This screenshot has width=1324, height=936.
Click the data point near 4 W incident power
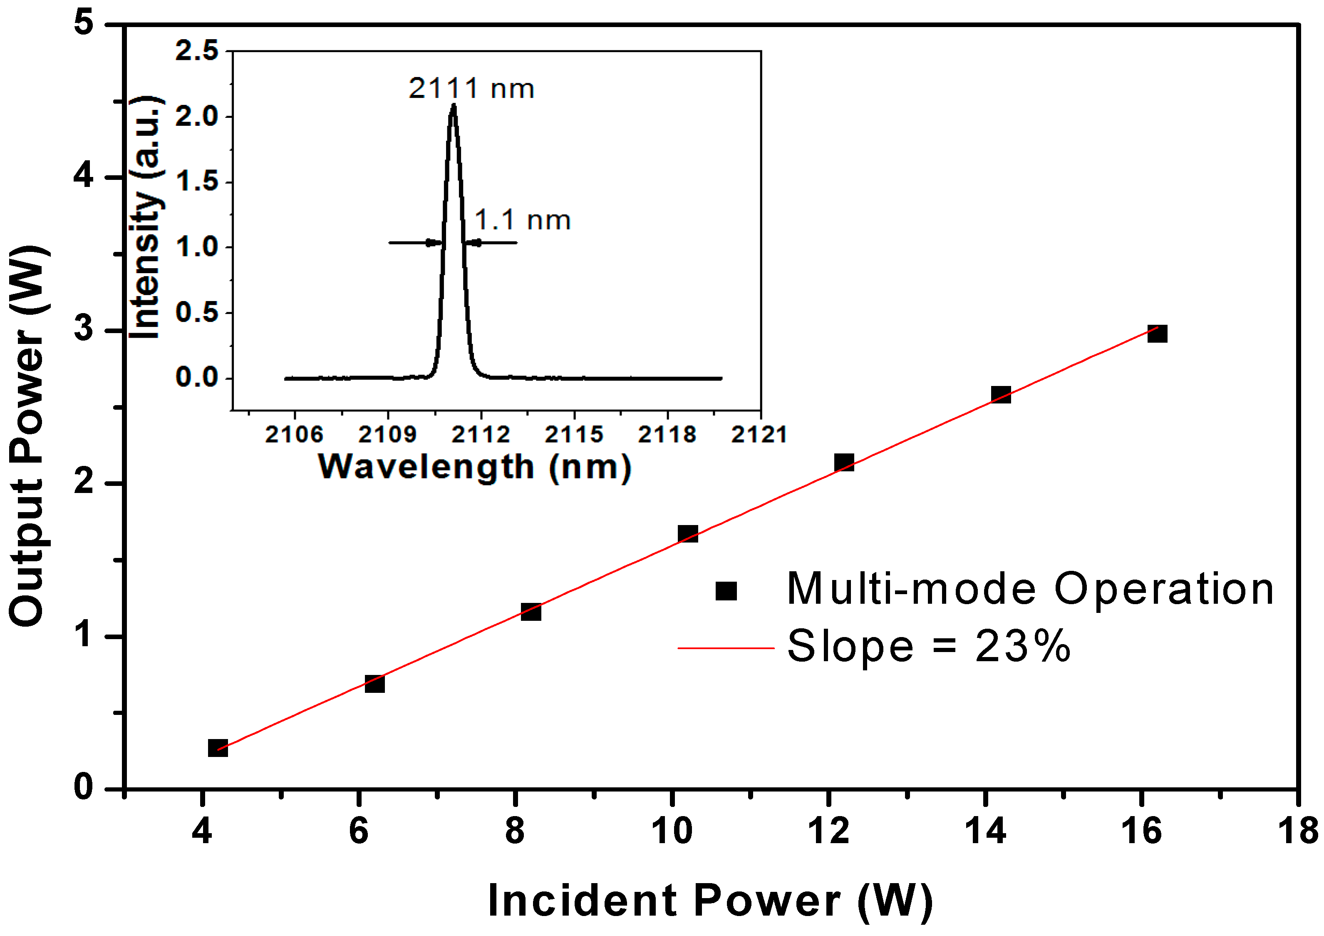point(217,748)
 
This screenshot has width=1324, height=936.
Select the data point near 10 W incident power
point(687,534)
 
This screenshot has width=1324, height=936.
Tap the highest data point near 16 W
point(1157,334)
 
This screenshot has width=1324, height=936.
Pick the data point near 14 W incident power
point(1001,395)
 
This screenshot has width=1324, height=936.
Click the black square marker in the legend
point(726,591)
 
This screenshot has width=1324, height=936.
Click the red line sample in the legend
point(725,648)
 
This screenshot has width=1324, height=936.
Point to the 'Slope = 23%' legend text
point(928,647)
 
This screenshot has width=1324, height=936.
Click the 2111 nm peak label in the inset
point(471,89)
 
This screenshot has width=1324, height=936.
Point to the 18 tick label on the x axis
point(1297,831)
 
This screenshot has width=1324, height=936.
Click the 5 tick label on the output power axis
point(84,24)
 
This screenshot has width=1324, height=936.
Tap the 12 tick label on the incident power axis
point(828,831)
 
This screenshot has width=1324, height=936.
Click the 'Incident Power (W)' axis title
point(710,901)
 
